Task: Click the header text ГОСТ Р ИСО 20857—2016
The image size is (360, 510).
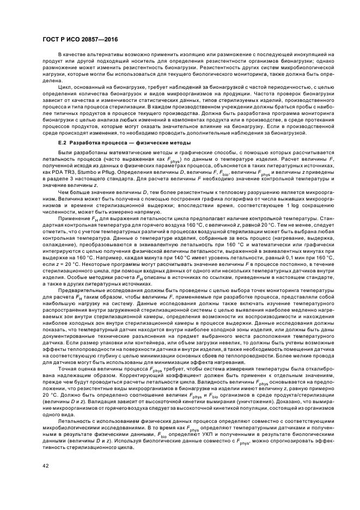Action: point(80,40)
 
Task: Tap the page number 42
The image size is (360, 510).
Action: point(45,465)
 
